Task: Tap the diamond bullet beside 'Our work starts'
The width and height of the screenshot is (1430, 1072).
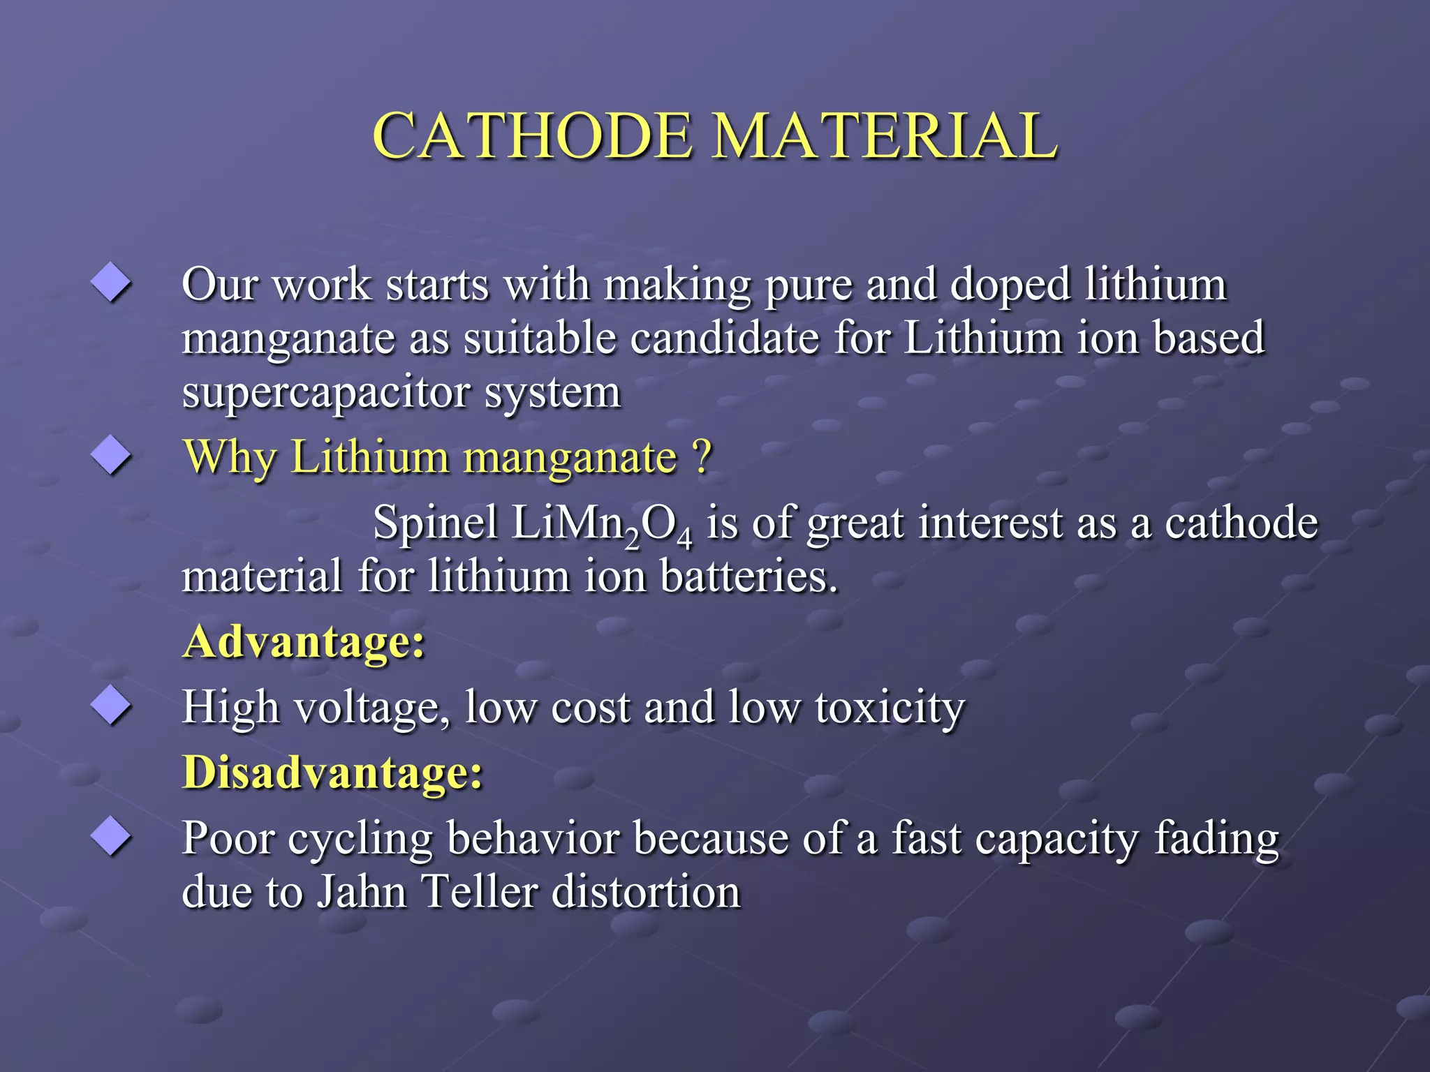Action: pos(111,283)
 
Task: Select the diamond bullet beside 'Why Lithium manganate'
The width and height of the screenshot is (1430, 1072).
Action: pos(111,455)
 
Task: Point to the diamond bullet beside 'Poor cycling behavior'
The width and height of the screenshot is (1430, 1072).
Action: pos(111,835)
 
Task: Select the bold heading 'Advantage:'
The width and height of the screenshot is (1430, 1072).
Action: pos(304,641)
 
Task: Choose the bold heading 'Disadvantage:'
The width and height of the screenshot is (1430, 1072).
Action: pos(332,772)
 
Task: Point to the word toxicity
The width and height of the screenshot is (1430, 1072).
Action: pos(890,708)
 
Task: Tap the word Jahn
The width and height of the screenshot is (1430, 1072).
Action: pos(362,892)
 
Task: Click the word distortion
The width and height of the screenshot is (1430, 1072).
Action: pos(646,892)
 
